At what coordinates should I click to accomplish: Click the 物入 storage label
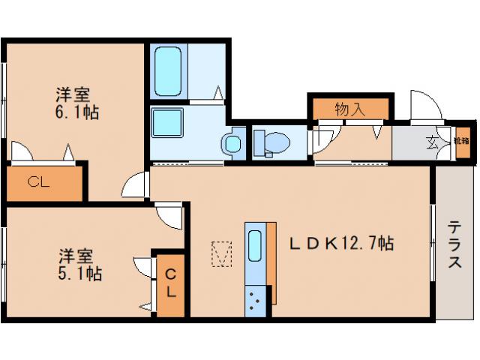pyautogui.click(x=349, y=109)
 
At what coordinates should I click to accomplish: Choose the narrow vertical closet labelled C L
pyautogui.click(x=169, y=283)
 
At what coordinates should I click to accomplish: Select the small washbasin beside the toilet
pyautogui.click(x=232, y=142)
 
